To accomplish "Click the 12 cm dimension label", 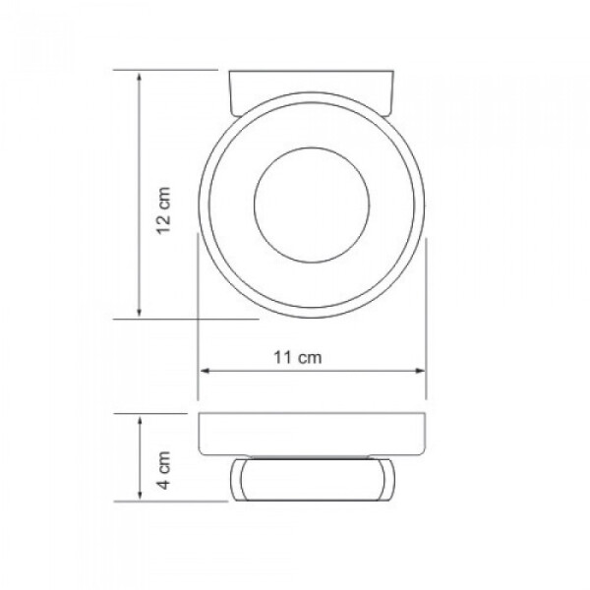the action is [163, 210].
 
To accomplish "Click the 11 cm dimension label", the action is [298, 358].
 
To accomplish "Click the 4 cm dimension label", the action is [163, 470].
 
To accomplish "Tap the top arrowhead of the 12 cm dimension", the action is [140, 77].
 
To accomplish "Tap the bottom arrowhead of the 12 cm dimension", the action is [140, 312].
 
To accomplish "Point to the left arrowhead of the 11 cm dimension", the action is [205, 371].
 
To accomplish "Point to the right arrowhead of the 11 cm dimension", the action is [420, 371].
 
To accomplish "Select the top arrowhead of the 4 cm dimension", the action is [140, 421].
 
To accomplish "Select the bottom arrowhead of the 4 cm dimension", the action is [140, 495].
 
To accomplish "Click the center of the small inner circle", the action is [312, 206].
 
